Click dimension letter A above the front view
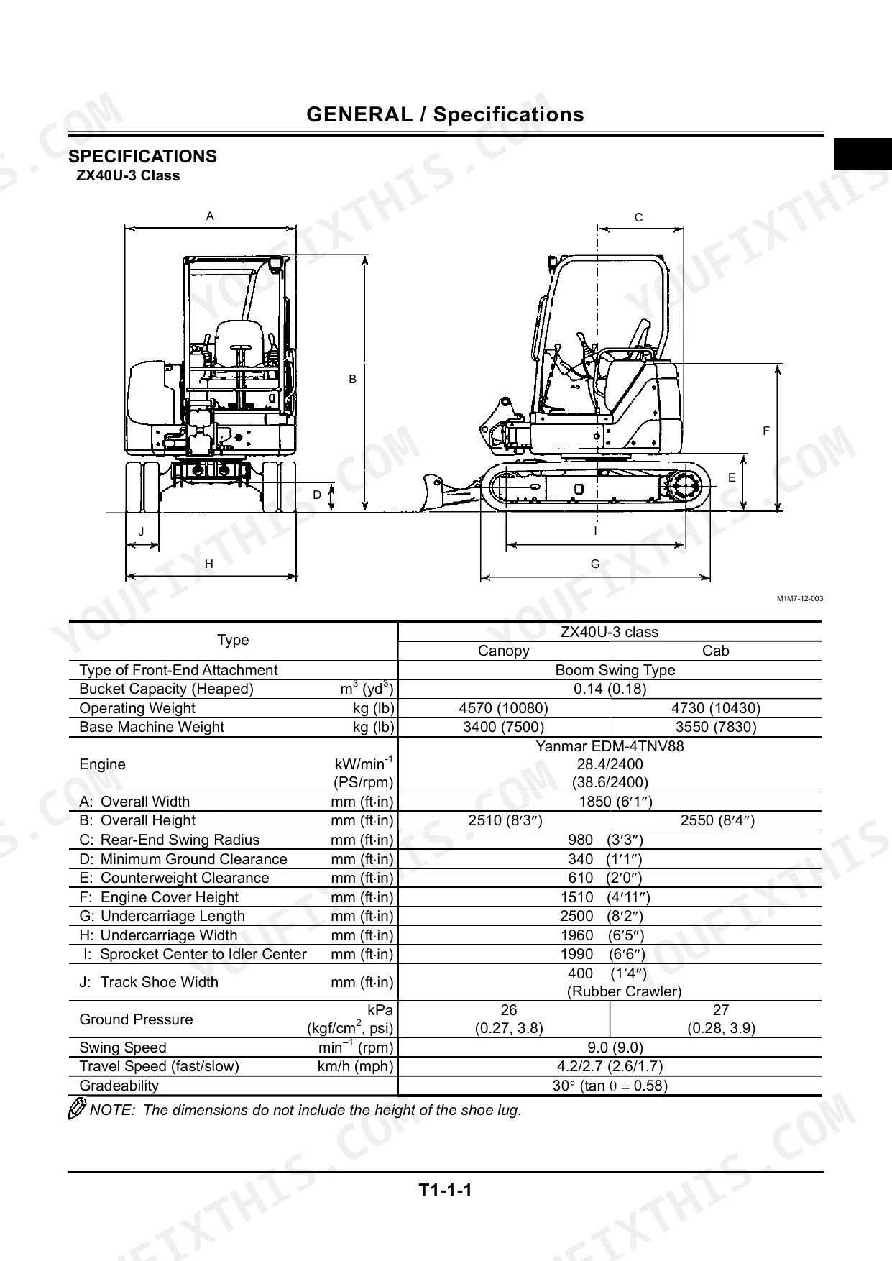(210, 216)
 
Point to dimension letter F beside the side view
(766, 431)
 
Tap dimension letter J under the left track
(142, 532)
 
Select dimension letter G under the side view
(595, 564)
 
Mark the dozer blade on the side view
(434, 492)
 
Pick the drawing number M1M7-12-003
(799, 599)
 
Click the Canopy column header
(504, 651)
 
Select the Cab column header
(716, 651)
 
